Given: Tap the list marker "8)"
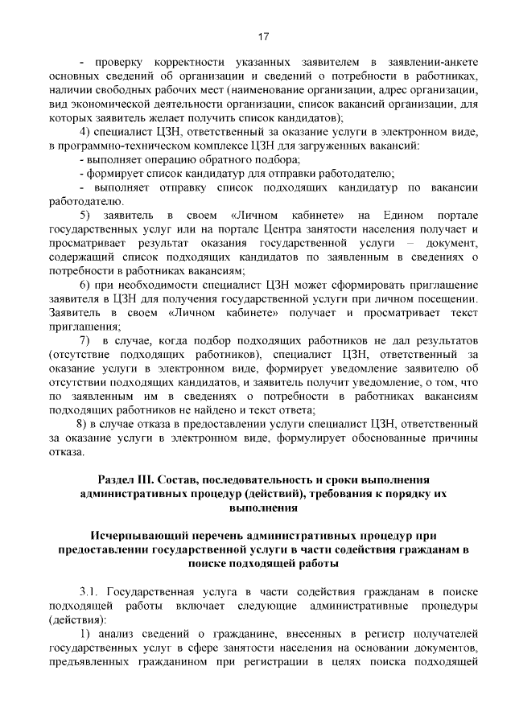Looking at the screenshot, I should pyautogui.click(x=82, y=424).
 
